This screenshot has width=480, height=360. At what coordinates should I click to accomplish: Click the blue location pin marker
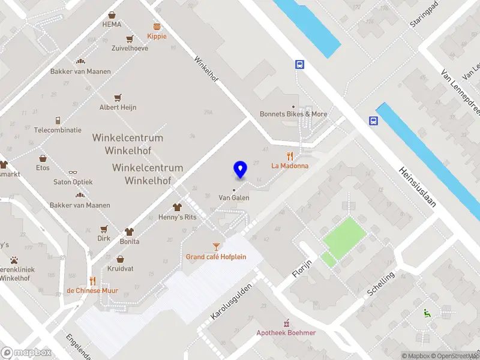[240, 169]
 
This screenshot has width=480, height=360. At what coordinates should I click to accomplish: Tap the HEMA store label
[112, 24]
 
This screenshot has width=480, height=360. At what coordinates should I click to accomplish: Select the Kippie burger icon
[157, 26]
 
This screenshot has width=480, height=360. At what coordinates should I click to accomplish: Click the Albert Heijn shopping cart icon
[118, 97]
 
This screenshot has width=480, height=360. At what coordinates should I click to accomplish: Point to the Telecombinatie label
[58, 130]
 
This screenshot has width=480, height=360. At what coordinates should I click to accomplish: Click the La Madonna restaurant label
[290, 166]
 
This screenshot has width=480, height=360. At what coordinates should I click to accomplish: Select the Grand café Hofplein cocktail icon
[216, 246]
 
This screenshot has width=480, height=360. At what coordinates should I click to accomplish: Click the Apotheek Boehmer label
[286, 333]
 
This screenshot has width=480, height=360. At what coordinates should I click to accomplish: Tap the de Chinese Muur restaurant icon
[92, 280]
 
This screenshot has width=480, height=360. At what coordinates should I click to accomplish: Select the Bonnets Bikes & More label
[293, 114]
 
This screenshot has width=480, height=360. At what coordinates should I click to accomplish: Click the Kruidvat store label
[120, 268]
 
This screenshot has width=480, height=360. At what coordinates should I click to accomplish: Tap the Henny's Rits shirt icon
[177, 206]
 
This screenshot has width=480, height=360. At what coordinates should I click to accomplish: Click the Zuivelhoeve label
[130, 48]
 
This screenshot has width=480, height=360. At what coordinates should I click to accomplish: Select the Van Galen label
[233, 197]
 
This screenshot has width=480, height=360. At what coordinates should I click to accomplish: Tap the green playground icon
[427, 312]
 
